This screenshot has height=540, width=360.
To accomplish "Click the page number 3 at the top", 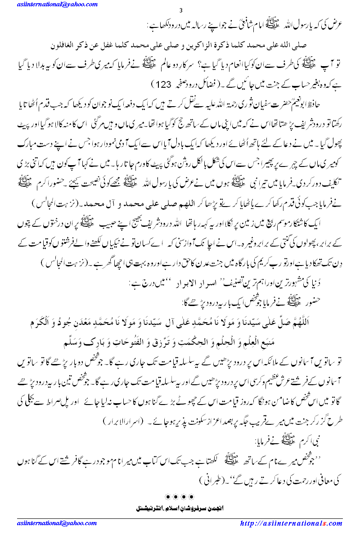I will (180, 11).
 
